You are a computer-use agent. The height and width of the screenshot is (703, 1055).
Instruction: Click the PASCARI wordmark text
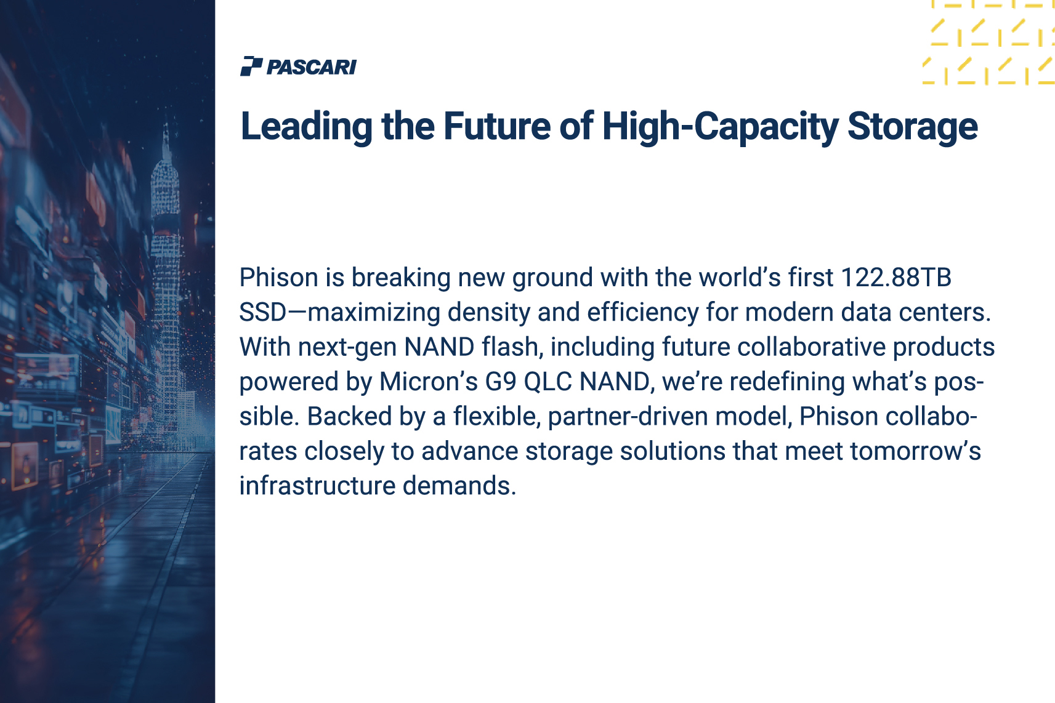click(312, 67)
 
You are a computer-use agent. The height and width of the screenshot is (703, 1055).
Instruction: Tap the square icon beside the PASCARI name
click(251, 66)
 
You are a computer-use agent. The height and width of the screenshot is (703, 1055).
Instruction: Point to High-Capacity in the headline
click(721, 127)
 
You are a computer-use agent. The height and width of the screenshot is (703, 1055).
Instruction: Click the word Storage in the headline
click(913, 127)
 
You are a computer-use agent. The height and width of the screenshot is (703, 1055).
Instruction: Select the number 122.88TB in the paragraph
click(896, 277)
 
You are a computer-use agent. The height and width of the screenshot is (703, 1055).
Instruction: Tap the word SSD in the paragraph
click(263, 311)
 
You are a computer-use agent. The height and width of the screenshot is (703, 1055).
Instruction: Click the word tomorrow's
click(915, 451)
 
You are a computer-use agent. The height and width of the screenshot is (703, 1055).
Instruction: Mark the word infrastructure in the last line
click(317, 486)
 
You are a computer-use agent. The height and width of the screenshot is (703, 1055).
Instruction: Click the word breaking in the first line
click(402, 278)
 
